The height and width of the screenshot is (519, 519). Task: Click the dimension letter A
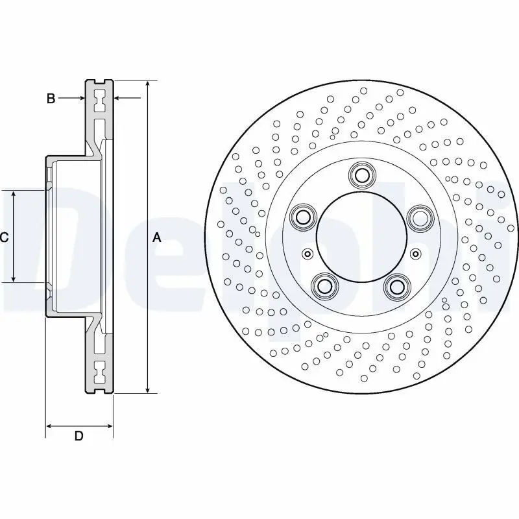(x=156, y=237)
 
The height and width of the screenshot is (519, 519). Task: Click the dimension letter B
(x=51, y=99)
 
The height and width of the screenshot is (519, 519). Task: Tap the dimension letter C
(x=4, y=237)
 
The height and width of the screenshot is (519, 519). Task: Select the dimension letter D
(x=78, y=437)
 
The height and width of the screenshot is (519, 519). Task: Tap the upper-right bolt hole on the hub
(x=420, y=216)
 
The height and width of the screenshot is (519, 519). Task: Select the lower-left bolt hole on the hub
(x=324, y=285)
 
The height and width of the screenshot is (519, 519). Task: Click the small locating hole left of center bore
(x=308, y=253)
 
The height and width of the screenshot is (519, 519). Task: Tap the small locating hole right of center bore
(x=416, y=253)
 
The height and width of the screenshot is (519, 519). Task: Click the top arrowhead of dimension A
(x=149, y=85)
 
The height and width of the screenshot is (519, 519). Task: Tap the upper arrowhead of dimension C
(x=14, y=195)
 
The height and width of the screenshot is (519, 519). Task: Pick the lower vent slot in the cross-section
(x=99, y=373)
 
